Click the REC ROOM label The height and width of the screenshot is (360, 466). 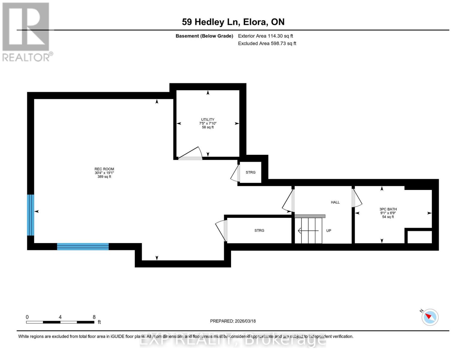pos(104,169)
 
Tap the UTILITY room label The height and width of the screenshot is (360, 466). pos(208,119)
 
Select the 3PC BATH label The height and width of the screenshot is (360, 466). pos(388,209)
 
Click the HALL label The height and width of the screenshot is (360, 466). pos(335,202)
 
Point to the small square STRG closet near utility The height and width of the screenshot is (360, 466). pos(251,172)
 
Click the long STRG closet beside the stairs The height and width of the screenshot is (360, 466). pos(259,230)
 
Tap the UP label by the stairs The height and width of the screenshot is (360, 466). pos(329,231)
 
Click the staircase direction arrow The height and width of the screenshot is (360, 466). pos(308,231)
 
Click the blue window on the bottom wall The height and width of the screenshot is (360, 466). pos(83,247)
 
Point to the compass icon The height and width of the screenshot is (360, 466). pos(430,317)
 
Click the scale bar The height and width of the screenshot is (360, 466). pos(60,322)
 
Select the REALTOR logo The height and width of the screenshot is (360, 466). pos(26,31)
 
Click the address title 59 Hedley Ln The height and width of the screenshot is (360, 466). pos(233,22)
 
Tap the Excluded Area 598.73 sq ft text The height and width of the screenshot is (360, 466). pos(267,43)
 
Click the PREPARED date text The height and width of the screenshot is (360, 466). pos(233,321)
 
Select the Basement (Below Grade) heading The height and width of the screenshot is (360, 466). pos(204,36)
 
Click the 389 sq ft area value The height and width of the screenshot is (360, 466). pos(104,177)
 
